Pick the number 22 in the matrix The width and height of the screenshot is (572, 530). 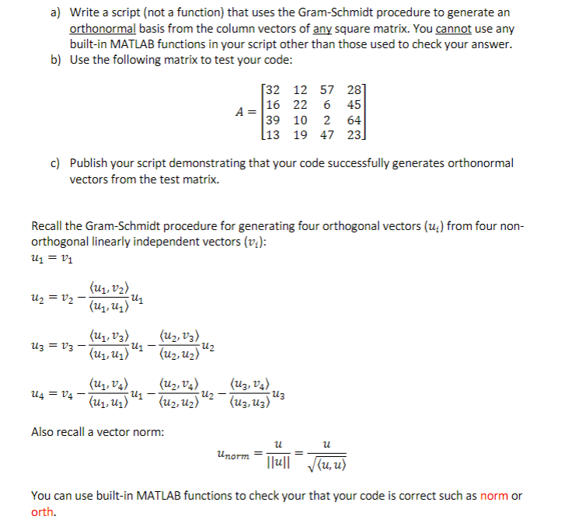[x=300, y=105]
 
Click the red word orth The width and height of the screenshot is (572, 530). [x=43, y=511]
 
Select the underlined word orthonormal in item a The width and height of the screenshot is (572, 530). [x=103, y=28]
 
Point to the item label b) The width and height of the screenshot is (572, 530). [x=56, y=60]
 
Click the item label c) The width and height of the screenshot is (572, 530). [x=55, y=164]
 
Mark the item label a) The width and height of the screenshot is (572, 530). [x=56, y=12]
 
